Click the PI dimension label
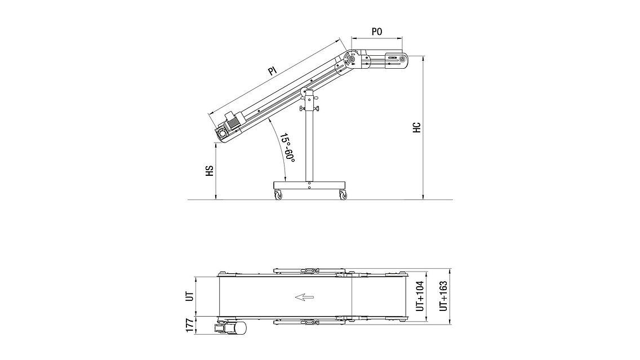coord(273,71)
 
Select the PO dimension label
coord(377,32)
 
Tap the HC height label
coord(417,127)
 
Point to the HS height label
coord(210,171)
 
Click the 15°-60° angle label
coord(287,149)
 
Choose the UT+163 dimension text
coord(443,296)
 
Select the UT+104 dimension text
coord(420,296)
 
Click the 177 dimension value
coord(189,326)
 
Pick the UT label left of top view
coord(189,297)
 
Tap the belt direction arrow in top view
coord(304,297)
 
